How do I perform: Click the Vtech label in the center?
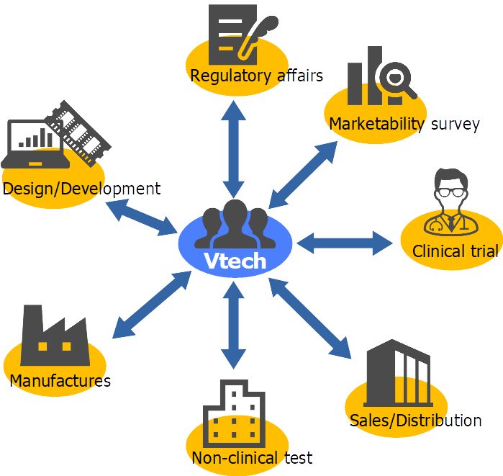coord(235,261)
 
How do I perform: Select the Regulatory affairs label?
coord(256,76)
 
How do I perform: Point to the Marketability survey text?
coord(404,124)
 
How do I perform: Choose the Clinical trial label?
coord(455,251)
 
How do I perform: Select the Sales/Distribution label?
coord(415,421)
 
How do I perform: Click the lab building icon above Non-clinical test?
coord(233,412)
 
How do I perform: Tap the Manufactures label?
coord(60,380)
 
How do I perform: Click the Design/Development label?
coord(81,189)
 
